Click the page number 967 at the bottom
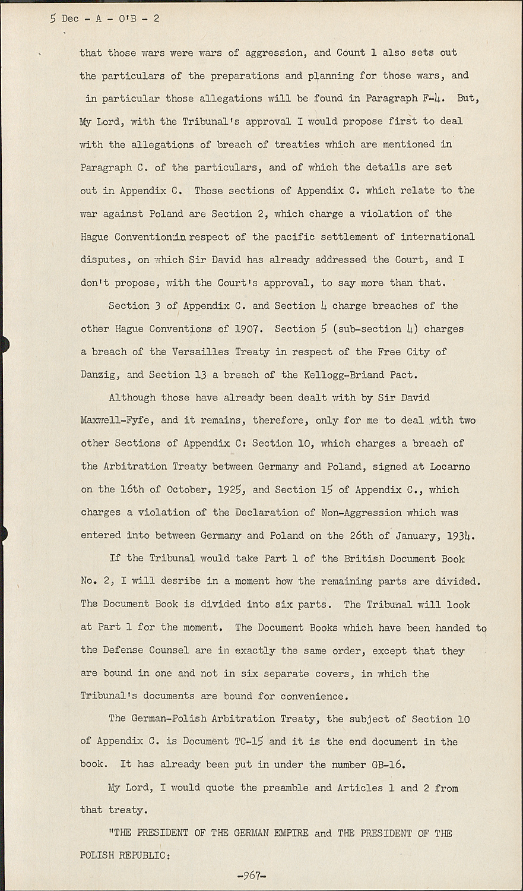tap(252, 876)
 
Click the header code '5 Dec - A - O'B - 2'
tap(105, 18)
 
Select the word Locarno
tap(449, 466)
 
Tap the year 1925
tap(230, 489)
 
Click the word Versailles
tap(200, 352)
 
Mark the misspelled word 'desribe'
tap(182, 581)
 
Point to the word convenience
tap(312, 696)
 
